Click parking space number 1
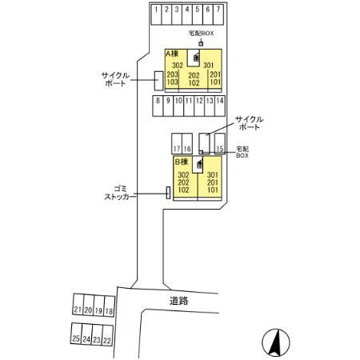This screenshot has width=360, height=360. [x=156, y=14]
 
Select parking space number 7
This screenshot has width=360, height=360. [x=218, y=14]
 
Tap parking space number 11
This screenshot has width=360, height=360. [x=189, y=106]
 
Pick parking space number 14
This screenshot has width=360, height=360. [x=220, y=106]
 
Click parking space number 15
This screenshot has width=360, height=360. [x=220, y=144]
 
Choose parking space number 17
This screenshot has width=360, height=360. [x=177, y=144]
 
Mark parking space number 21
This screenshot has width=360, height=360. [x=78, y=305]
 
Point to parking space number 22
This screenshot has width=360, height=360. [x=107, y=335]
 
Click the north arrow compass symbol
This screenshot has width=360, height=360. [x=276, y=342]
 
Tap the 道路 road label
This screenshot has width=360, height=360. [x=179, y=301]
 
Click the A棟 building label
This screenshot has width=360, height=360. [x=172, y=54]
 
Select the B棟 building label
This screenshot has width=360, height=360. [x=182, y=162]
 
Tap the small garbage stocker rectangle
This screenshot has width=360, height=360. [x=168, y=193]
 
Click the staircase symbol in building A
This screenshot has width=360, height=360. [x=196, y=57]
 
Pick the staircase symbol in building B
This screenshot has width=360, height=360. [x=199, y=164]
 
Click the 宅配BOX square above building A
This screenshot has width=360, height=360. [x=201, y=44]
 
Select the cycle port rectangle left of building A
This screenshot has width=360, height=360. [x=158, y=81]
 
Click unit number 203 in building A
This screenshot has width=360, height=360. [x=172, y=74]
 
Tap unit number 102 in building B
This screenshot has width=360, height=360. [x=183, y=190]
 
